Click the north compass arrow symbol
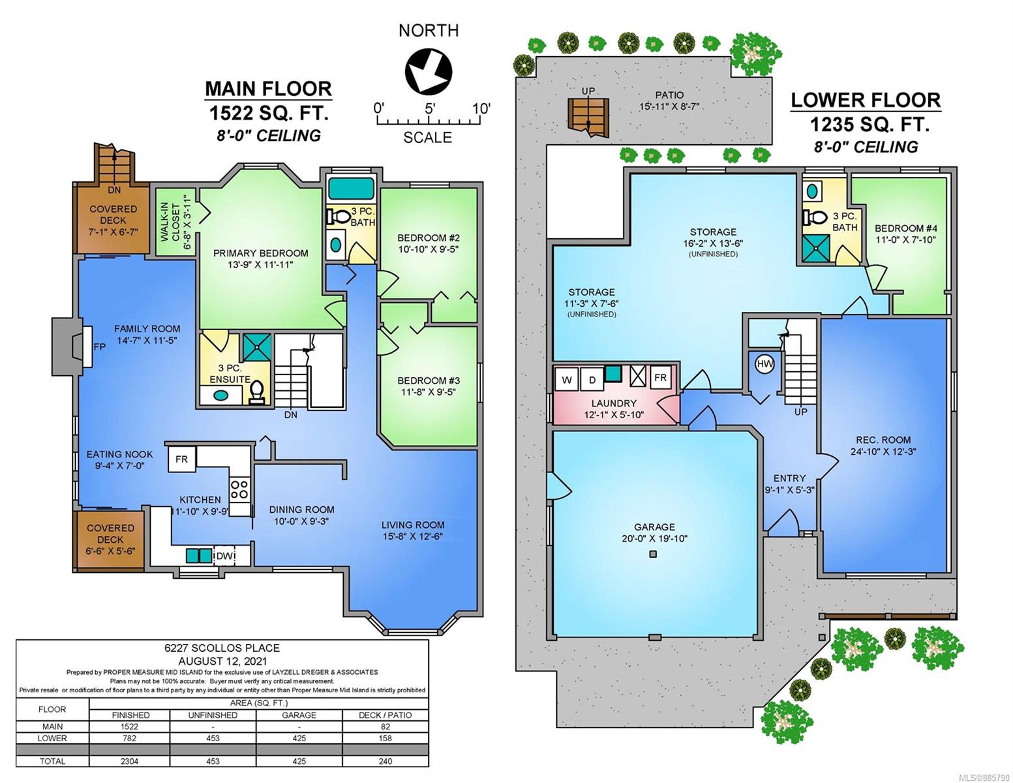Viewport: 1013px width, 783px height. [x=427, y=72]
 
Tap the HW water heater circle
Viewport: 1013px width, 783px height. [x=764, y=363]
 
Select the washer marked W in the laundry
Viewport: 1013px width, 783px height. [x=566, y=380]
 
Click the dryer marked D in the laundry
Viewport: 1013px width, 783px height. [x=592, y=380]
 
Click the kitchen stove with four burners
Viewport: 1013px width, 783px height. [x=239, y=489]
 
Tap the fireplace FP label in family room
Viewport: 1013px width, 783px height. [x=100, y=346]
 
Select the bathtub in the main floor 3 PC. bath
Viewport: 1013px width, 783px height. [x=350, y=189]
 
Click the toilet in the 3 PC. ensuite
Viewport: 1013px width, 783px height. [x=256, y=391]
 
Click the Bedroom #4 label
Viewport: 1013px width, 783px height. [x=905, y=228]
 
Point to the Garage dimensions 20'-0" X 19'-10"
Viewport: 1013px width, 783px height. [x=654, y=538]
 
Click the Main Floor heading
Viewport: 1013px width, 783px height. [x=269, y=89]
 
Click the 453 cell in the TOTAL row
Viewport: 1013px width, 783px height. [x=213, y=761]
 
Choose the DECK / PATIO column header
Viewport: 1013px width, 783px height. [x=385, y=715]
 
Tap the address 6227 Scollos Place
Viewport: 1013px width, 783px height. [x=222, y=648]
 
